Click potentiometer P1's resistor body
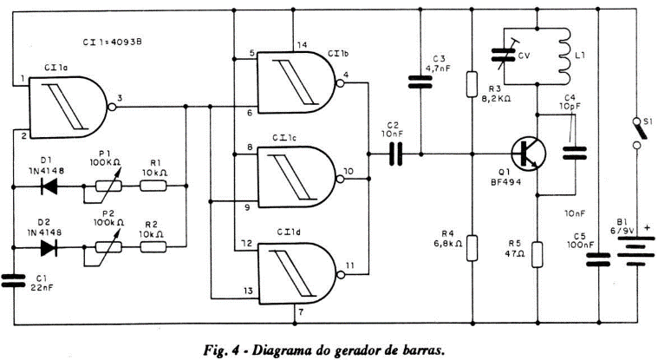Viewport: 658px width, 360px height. pos(107,186)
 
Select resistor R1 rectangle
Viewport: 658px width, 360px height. pos(155,186)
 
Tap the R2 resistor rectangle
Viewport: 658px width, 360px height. pos(155,247)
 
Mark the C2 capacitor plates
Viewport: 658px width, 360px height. pos(395,154)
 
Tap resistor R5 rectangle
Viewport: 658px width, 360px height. pos(537,255)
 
